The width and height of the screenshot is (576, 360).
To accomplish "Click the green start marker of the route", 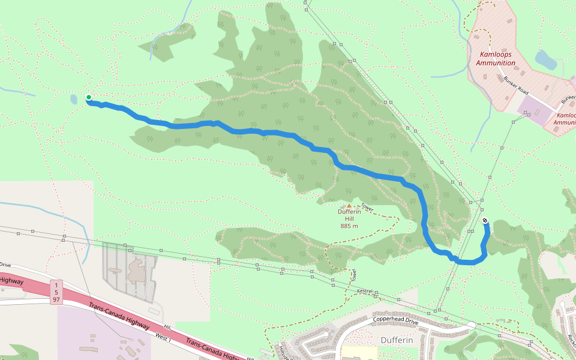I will (89, 97).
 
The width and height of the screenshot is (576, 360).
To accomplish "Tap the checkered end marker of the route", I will (485, 221).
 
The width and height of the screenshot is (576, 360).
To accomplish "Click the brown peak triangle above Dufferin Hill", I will (349, 205).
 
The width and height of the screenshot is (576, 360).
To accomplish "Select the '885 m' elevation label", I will (349, 226).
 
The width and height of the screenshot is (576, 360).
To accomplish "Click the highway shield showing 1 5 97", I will (55, 291).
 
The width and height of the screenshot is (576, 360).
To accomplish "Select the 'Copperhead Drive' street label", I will (395, 319).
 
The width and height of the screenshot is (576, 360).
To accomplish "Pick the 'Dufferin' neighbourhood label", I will (397, 340).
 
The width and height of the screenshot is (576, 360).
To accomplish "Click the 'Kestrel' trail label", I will (365, 291).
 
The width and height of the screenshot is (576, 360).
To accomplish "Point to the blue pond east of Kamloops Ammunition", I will (545, 59).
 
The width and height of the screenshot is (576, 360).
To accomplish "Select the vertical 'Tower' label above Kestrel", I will (354, 275).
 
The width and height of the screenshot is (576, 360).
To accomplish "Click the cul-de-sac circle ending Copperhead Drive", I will (472, 325).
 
